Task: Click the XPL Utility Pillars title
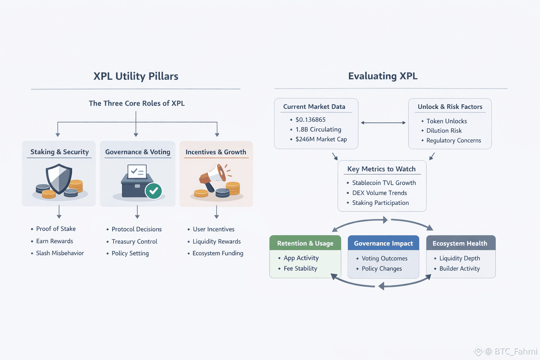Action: click(136, 76)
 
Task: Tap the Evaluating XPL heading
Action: click(383, 76)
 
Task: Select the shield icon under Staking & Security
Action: click(59, 179)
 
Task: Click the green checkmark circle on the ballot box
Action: click(154, 191)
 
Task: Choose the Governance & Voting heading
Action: click(137, 152)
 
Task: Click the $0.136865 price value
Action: click(310, 120)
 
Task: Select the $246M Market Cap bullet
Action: click(321, 139)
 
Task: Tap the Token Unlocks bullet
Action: click(446, 121)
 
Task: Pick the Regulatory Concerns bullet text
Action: click(454, 140)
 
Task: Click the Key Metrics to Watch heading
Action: click(381, 169)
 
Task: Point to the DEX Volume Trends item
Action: click(379, 193)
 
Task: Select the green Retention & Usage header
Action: click(305, 243)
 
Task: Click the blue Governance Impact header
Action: click(383, 243)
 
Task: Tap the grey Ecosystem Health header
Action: click(460, 243)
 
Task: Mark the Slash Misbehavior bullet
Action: click(60, 253)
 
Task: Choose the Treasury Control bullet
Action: click(134, 242)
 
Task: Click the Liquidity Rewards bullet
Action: click(217, 242)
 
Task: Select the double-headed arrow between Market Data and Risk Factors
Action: click(383, 123)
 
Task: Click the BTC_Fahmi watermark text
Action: click(515, 351)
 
